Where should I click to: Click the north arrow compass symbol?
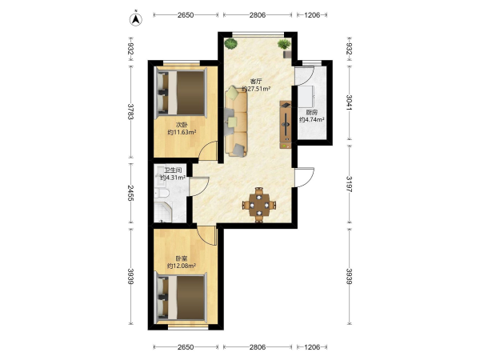point(136,18)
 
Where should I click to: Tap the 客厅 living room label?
point(256,82)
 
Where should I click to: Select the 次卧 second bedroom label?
point(182,125)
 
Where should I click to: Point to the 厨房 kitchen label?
point(312,112)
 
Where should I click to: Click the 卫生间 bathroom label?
point(174,170)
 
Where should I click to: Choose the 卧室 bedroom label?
point(182,258)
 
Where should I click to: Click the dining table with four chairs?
point(259,205)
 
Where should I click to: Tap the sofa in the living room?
point(236,122)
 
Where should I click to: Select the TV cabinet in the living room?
point(286,125)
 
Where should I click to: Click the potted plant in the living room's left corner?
point(230,43)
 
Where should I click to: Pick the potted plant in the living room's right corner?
point(284,44)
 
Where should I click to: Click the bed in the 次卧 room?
point(181,93)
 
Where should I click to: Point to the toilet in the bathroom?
point(162,193)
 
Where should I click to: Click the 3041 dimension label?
point(349,102)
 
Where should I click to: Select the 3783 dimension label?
point(130,111)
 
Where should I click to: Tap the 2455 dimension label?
point(130,193)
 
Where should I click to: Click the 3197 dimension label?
point(349,184)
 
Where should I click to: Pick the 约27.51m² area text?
point(256,89)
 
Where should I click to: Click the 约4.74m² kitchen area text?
point(312,120)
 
